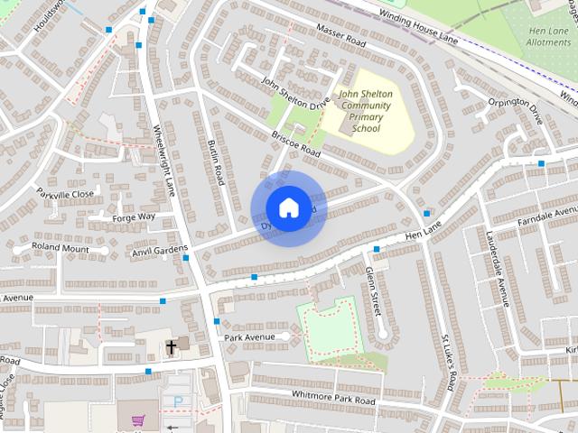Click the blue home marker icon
[287, 208]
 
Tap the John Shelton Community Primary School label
[365, 110]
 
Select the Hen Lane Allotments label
[547, 36]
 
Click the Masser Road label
[340, 37]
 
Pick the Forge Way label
[134, 217]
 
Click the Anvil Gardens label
[160, 249]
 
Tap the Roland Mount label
[61, 246]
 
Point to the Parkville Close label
[64, 193]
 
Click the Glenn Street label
[372, 291]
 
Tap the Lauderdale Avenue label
[496, 267]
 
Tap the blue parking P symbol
[178, 401]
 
